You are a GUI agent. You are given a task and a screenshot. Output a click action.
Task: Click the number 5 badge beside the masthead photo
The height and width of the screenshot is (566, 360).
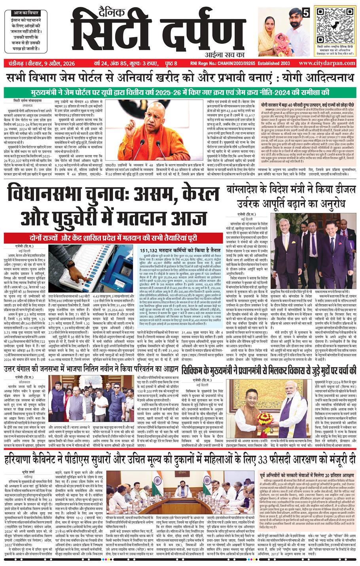tap(306, 12)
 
